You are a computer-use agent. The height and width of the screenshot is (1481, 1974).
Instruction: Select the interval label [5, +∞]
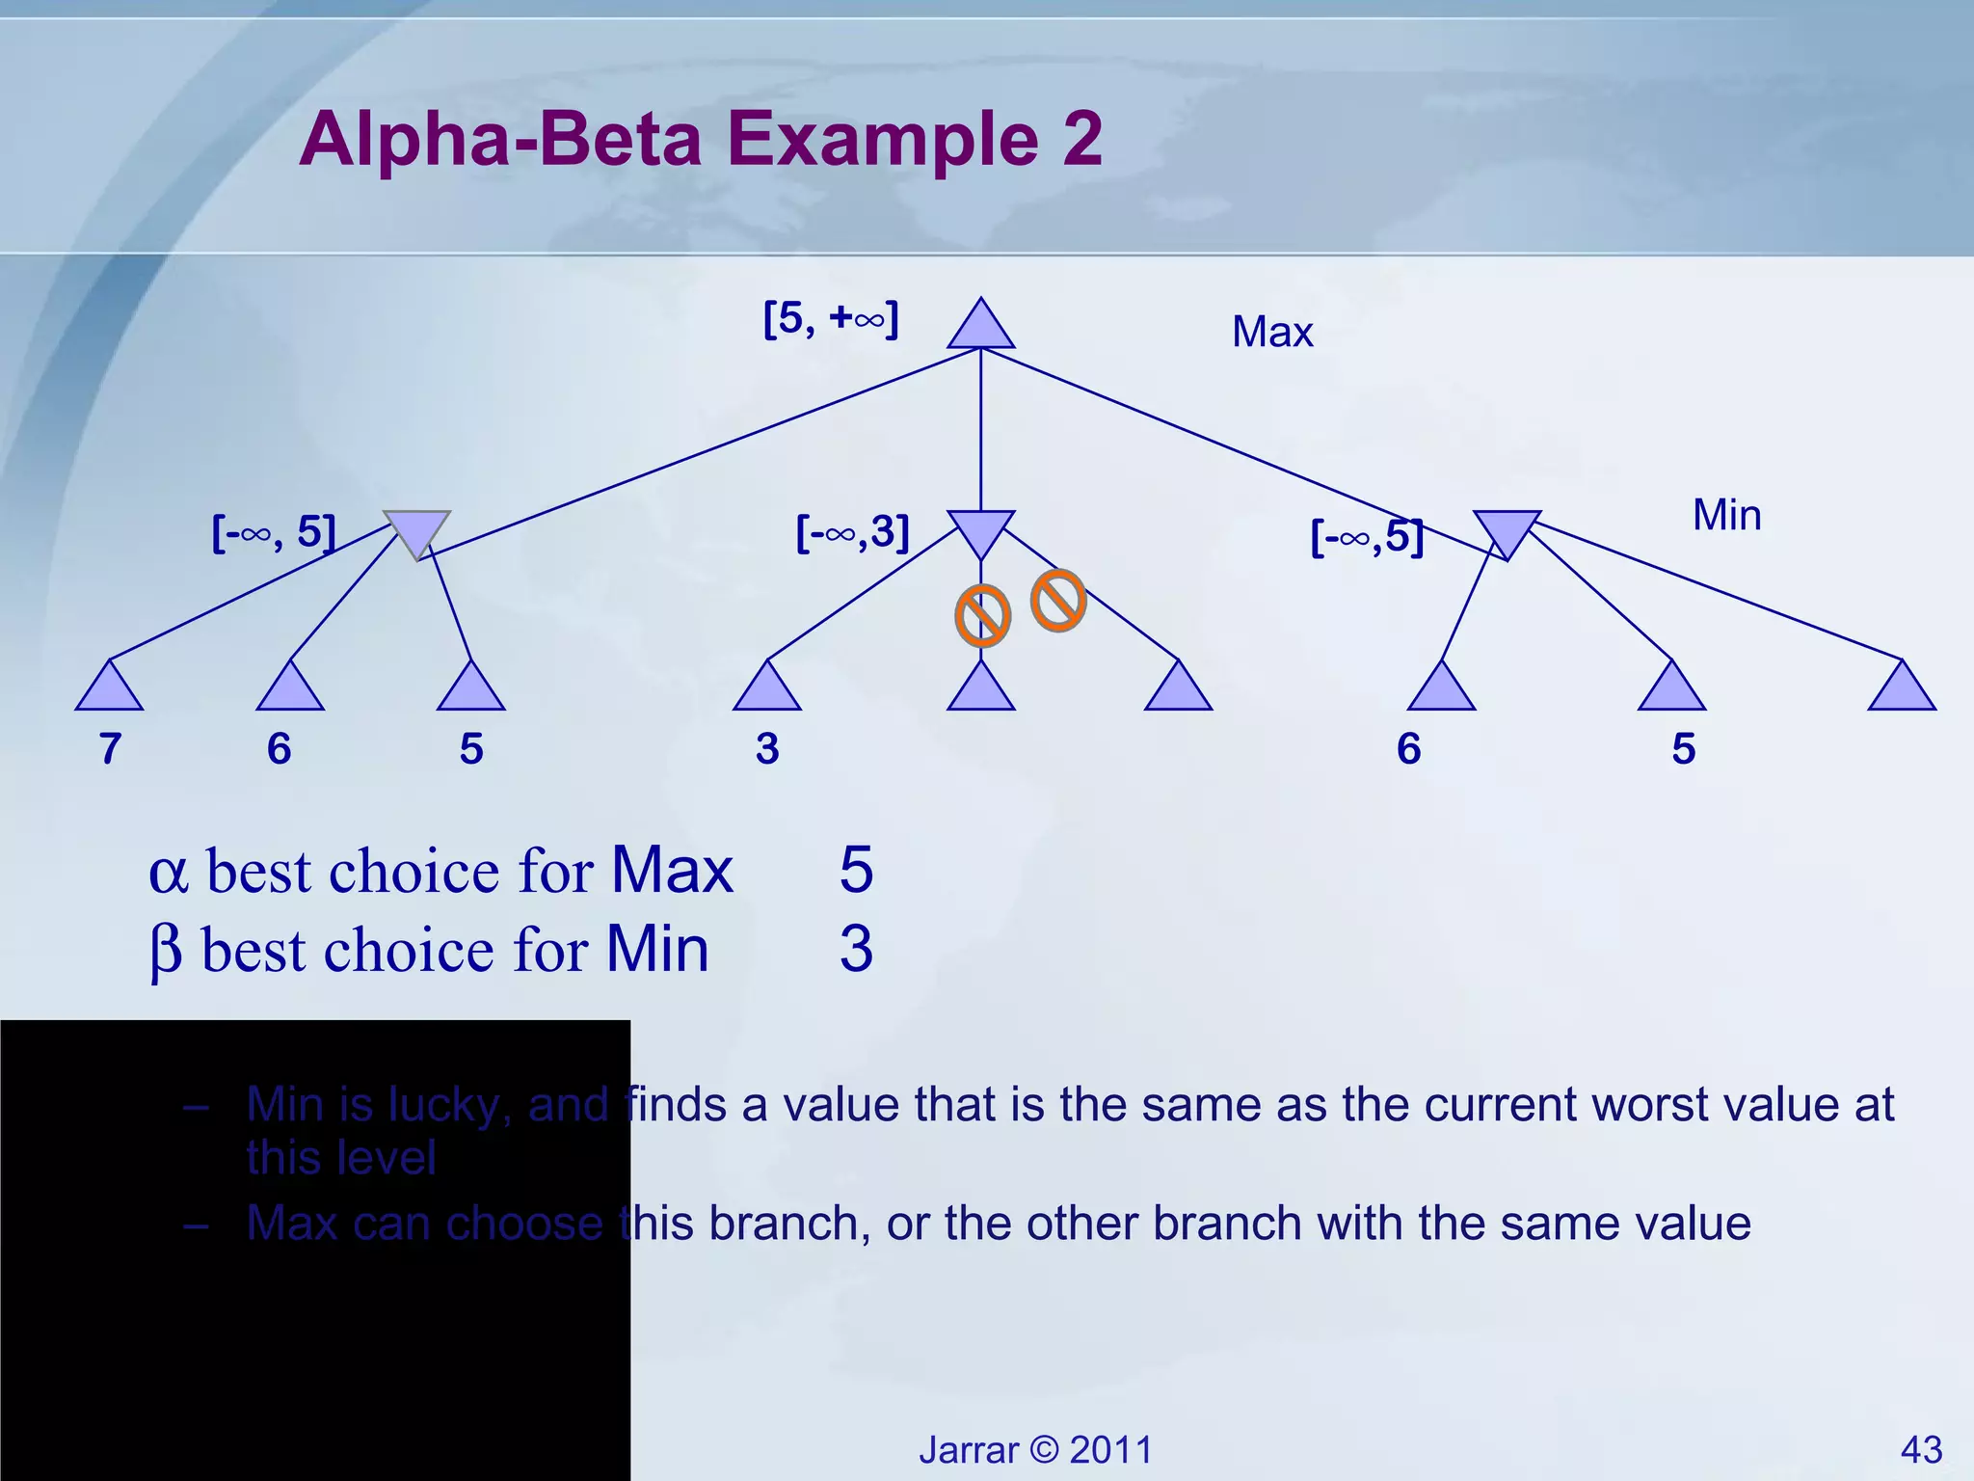pos(830,318)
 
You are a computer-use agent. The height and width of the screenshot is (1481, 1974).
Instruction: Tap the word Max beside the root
pos(1271,333)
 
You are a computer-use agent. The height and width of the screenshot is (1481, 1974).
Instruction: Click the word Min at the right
pos(1726,515)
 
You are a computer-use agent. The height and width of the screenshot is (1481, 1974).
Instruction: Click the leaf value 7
pos(110,749)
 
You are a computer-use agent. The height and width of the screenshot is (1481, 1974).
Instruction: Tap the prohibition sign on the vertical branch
pos(982,616)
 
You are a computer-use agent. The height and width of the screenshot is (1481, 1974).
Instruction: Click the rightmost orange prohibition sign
pos(1058,601)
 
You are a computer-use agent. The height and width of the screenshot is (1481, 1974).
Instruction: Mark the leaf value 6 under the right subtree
pos(1408,749)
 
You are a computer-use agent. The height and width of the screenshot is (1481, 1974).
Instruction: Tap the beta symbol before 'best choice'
pos(166,952)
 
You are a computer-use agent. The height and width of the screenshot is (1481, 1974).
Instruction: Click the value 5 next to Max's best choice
pos(856,870)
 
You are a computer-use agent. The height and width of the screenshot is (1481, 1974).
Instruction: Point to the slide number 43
pos(1921,1450)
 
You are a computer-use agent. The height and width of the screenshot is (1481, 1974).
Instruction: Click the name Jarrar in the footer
pos(968,1450)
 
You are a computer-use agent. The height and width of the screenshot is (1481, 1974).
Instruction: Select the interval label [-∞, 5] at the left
pos(274,532)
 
